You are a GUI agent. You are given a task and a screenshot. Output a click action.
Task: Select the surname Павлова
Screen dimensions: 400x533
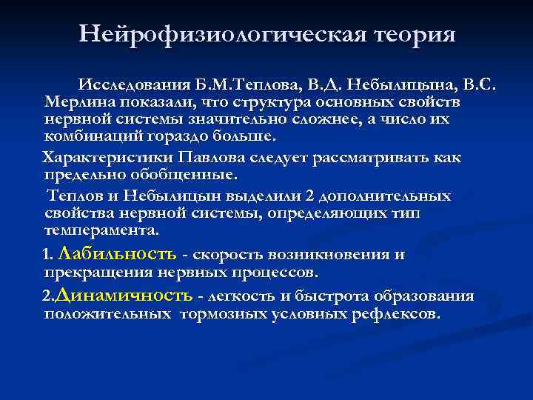click(x=218, y=158)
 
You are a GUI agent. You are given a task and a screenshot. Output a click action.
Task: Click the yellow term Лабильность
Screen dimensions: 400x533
click(x=116, y=254)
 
